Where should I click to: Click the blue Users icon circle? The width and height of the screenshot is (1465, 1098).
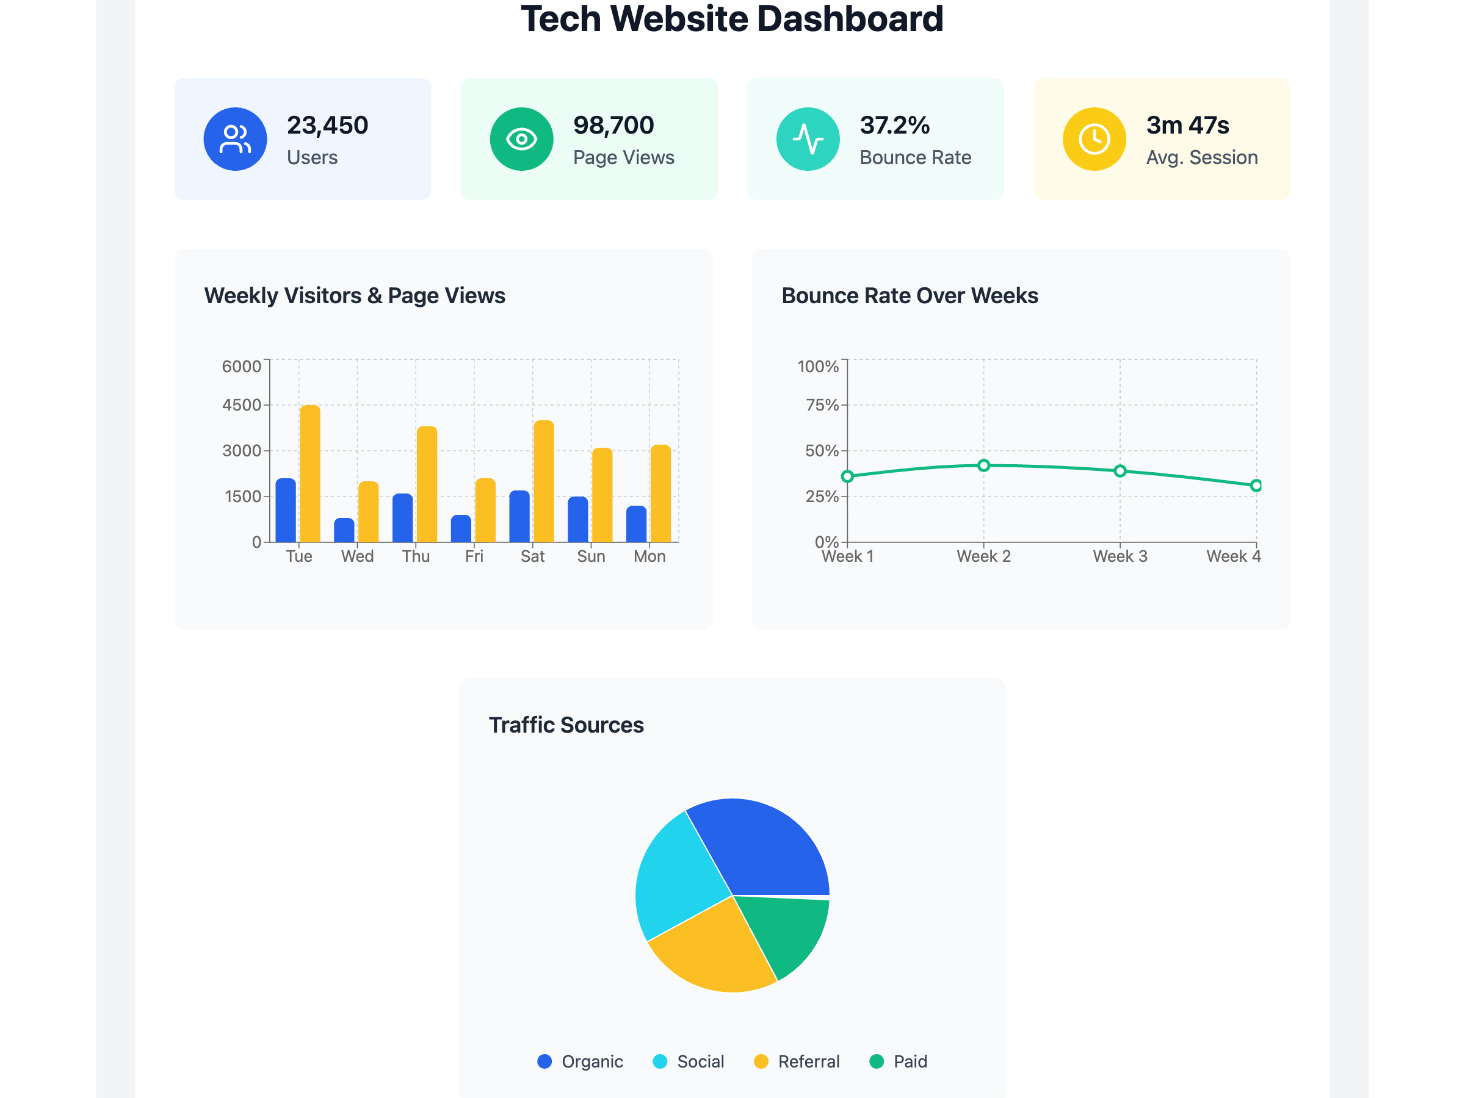pos(235,139)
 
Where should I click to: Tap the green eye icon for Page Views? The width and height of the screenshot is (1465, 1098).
pos(521,139)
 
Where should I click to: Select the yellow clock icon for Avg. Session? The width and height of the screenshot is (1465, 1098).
pos(1094,139)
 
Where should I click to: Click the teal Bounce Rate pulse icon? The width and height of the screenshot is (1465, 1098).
pos(808,139)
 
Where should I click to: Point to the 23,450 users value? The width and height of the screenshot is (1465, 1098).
pos(327,125)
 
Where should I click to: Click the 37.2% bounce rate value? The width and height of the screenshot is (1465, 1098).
pos(894,125)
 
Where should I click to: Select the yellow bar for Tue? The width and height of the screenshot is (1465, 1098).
pos(310,474)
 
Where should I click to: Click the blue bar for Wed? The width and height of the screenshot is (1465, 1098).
pos(344,530)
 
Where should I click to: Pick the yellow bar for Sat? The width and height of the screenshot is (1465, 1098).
pos(544,482)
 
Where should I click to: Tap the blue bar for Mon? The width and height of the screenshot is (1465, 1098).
pos(637,524)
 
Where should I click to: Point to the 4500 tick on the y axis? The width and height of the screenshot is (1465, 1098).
pos(242,405)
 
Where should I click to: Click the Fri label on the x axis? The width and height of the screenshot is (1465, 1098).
pos(474,556)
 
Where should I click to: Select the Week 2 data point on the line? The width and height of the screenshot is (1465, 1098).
pos(983,465)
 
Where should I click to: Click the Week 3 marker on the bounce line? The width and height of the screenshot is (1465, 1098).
pos(1120,472)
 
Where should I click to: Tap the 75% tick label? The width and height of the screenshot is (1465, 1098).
pos(822,405)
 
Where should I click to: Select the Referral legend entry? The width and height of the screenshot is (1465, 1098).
pos(797,1061)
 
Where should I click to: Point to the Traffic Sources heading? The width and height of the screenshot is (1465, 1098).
pos(566,725)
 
